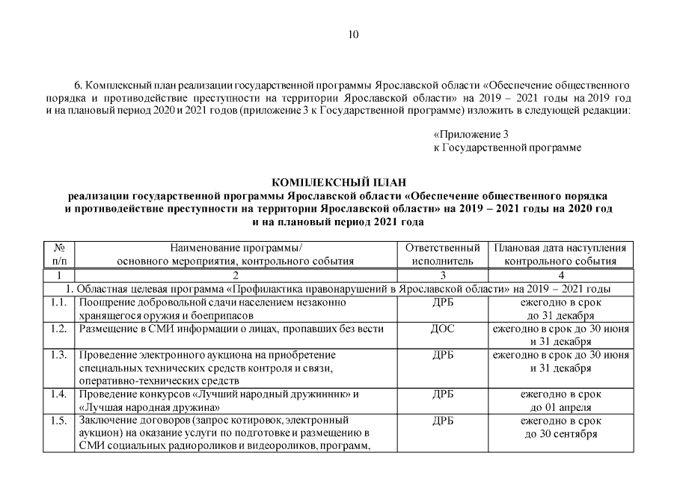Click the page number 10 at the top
(x=354, y=34)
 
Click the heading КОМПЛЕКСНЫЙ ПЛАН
(x=338, y=182)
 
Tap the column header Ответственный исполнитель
(x=442, y=254)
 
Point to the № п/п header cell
(x=58, y=254)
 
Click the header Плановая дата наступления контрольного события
(x=560, y=254)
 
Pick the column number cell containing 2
(x=236, y=275)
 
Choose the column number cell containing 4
(x=560, y=275)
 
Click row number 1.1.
(x=58, y=302)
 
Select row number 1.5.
(x=58, y=421)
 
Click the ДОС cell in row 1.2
(x=443, y=329)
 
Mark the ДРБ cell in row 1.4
(x=443, y=394)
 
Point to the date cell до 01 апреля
(x=560, y=408)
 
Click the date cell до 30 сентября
(x=560, y=434)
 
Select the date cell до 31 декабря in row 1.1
(x=560, y=315)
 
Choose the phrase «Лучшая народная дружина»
(x=149, y=408)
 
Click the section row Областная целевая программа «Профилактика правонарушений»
(x=338, y=289)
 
